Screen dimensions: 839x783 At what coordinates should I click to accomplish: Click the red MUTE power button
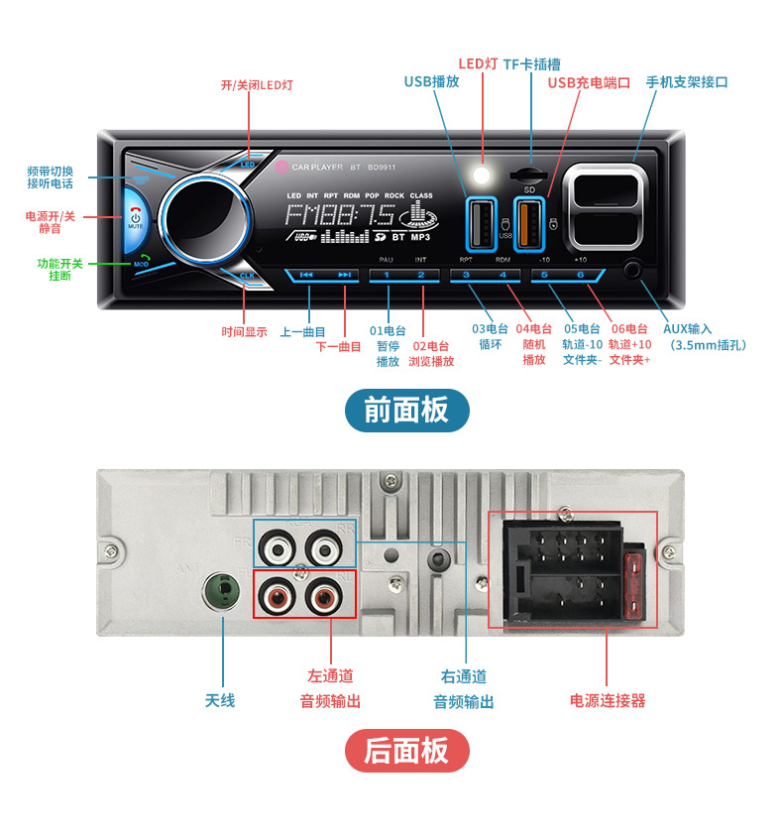click(x=135, y=218)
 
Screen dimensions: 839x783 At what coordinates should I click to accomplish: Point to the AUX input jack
click(x=633, y=270)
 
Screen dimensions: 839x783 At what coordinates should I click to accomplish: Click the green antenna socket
click(x=222, y=593)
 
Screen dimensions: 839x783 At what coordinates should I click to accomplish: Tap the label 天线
click(x=220, y=700)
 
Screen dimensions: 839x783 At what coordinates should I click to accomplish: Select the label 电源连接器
click(x=607, y=700)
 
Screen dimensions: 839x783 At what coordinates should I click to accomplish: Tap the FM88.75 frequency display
click(x=340, y=216)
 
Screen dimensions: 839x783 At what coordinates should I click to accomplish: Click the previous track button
click(x=307, y=275)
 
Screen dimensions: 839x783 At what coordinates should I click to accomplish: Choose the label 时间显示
click(x=244, y=331)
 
